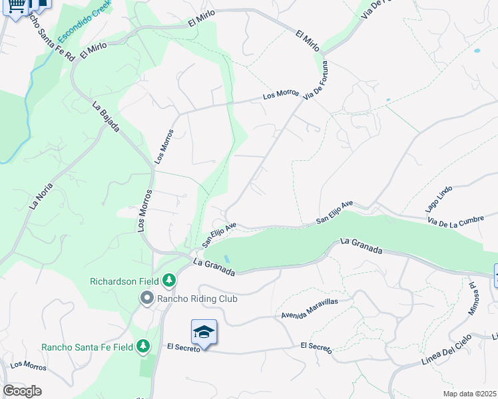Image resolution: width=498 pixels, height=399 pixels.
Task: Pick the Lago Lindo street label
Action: (x=439, y=198)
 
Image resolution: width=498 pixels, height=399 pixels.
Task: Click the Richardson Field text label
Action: (x=126, y=281)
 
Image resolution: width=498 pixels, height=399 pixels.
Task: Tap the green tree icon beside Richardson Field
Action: (x=169, y=281)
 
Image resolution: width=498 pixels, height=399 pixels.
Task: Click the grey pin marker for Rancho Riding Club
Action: (x=146, y=299)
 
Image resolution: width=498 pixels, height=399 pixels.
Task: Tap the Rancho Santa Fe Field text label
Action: (x=86, y=346)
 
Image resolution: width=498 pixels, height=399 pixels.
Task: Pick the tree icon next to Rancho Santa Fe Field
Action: (x=142, y=346)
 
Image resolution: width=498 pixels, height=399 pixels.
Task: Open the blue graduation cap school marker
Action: (x=204, y=332)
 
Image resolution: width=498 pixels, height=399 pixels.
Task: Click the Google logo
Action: (x=22, y=391)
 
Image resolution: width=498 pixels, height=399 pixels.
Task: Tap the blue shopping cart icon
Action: (x=18, y=5)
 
